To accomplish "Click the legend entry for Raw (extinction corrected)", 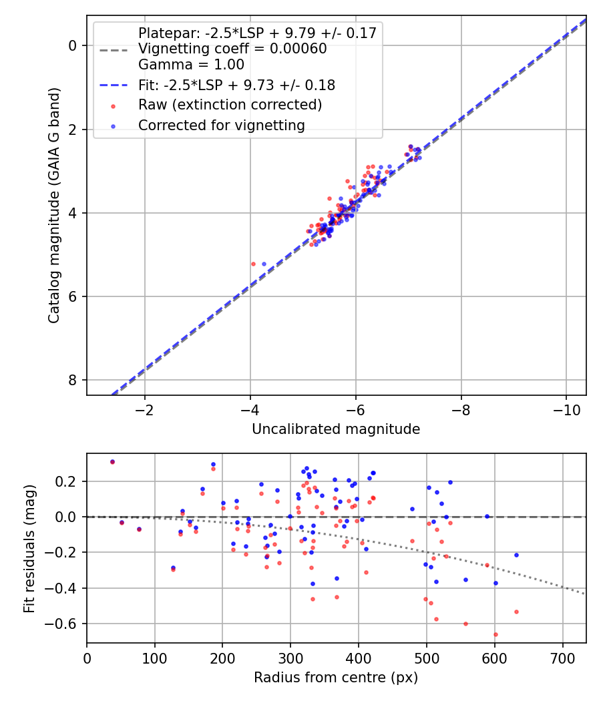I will click(230, 105).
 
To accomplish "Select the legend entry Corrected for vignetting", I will click(221, 126).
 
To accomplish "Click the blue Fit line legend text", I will click(236, 85).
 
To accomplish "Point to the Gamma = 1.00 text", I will click(191, 65).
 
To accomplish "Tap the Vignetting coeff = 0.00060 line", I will click(232, 49).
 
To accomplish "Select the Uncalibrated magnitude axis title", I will click(336, 429).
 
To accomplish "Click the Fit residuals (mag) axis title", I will click(29, 548).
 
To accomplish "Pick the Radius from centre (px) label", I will click(336, 678).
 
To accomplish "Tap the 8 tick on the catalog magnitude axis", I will click(72, 381).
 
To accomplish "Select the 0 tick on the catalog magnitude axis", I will click(72, 45).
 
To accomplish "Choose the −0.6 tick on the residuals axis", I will click(65, 624).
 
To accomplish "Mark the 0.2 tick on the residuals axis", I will click(69, 481).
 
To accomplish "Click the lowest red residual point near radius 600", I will click(495, 634).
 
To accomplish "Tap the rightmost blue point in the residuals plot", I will click(516, 555).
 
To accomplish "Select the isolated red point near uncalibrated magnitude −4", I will click(253, 264).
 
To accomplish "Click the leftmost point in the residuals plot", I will click(112, 461).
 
